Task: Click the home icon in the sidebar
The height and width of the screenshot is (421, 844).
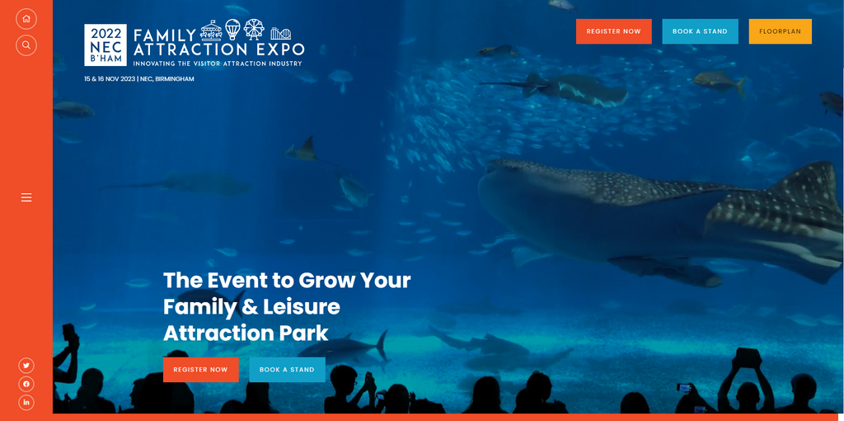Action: coord(26,19)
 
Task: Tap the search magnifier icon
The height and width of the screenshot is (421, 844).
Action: coord(26,45)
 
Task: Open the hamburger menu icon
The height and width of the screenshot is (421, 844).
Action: coord(26,198)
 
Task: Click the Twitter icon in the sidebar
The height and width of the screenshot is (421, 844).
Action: coord(26,366)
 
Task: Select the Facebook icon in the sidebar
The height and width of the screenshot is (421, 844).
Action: coord(26,384)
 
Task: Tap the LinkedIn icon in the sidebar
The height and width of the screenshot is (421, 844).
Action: coord(26,402)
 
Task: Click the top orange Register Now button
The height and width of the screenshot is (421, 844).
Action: coord(613,31)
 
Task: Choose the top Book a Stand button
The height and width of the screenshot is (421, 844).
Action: coord(701,31)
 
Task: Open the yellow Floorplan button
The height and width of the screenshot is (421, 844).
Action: coord(780,31)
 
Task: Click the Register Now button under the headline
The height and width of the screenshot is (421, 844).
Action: coord(201,370)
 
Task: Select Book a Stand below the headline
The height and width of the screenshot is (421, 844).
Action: coord(287,370)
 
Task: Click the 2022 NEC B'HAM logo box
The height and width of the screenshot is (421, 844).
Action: coord(105,45)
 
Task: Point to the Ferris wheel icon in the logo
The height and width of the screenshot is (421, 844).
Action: coord(254,29)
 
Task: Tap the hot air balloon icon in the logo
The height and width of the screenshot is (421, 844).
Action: coord(232,29)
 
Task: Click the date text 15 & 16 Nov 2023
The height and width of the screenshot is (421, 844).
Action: coord(110,78)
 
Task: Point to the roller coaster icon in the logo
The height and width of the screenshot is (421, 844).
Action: coord(280,33)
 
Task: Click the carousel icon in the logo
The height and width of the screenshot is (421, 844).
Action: coord(211,31)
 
